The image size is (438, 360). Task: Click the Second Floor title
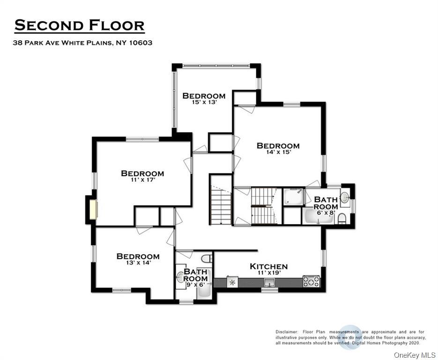point(79,25)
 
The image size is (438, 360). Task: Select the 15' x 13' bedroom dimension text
point(203,102)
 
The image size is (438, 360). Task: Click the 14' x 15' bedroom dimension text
point(278,152)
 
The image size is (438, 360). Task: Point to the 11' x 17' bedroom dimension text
point(142,180)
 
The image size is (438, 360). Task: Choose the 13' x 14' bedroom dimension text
point(138,263)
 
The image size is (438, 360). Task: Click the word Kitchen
point(268,266)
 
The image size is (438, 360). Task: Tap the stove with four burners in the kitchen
point(311,281)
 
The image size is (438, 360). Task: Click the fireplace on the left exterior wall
point(93,210)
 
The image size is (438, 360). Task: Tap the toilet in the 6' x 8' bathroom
point(341,218)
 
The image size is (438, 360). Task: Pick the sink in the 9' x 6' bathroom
point(180,277)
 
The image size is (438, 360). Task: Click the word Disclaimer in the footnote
point(287,332)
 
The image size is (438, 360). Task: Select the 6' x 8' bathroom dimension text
point(326,213)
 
